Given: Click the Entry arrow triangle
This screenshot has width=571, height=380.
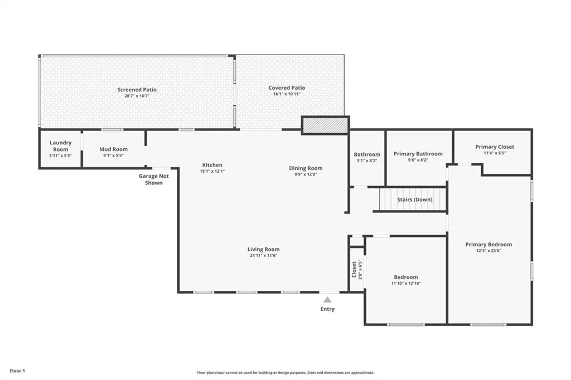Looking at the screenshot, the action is [327, 300].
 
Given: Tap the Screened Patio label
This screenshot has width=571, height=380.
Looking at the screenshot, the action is [137, 90].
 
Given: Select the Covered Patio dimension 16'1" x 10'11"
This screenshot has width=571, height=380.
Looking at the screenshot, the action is [287, 94].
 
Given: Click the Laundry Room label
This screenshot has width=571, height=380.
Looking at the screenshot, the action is [60, 146].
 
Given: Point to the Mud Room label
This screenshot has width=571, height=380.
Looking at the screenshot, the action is [114, 149].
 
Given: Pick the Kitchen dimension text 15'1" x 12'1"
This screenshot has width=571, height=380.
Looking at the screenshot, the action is [212, 171].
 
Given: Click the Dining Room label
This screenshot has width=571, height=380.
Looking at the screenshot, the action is [306, 168].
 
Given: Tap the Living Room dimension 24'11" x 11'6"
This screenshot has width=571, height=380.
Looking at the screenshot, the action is [264, 256].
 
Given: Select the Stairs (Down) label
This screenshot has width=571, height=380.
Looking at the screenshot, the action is [415, 199].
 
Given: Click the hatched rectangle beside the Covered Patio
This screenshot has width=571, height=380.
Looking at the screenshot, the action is [325, 125].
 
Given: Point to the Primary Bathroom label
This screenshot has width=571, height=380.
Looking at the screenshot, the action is [418, 154].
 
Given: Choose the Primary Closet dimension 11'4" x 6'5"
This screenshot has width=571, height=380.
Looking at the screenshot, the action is [495, 153].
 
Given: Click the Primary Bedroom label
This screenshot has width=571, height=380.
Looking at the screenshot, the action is [488, 245].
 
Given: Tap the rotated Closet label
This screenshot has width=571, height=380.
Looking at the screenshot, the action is [354, 270].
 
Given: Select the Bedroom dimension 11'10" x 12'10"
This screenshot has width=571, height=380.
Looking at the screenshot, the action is [406, 283].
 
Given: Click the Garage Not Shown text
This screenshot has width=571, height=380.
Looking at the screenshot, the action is [154, 179].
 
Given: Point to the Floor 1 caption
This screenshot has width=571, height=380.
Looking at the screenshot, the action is [17, 371].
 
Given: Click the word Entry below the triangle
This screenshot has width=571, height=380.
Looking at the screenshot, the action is [327, 309].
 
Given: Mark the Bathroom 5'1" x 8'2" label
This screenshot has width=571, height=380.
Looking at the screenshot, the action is [367, 157].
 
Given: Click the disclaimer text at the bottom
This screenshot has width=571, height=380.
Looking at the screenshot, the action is [285, 373].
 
